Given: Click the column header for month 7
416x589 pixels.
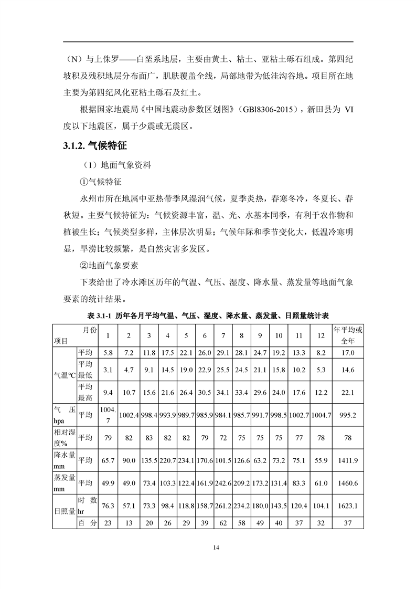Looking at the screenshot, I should pos(223,336).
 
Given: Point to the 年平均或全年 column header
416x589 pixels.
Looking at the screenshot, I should pos(348,336).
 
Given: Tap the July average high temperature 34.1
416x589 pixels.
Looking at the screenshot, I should pos(223,392).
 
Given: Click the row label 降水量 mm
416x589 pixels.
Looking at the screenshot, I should pos(64,460).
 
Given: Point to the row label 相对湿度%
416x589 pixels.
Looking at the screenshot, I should pos(64,437).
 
